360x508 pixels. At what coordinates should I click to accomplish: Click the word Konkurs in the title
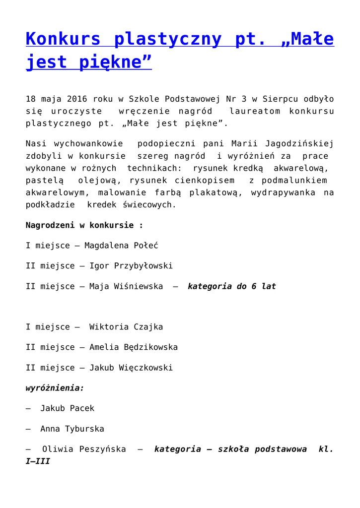(x=63, y=39)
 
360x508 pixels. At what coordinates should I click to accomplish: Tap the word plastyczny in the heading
(x=167, y=39)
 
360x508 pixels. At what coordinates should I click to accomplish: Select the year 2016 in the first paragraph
(x=77, y=99)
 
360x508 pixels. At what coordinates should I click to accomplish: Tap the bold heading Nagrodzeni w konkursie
(x=84, y=225)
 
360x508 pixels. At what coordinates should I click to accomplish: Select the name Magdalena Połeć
(x=121, y=246)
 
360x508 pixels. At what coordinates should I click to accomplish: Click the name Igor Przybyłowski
(x=131, y=266)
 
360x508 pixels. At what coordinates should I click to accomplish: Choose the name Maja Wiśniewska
(x=126, y=286)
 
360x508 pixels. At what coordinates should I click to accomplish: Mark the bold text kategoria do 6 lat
(x=231, y=286)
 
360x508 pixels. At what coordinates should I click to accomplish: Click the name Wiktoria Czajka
(x=126, y=327)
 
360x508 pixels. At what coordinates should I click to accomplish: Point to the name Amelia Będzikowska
(x=133, y=347)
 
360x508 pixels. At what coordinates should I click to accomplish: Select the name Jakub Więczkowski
(x=131, y=368)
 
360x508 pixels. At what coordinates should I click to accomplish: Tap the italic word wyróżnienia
(x=55, y=388)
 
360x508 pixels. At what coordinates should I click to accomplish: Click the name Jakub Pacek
(x=67, y=408)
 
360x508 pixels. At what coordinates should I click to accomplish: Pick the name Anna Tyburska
(x=72, y=429)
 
